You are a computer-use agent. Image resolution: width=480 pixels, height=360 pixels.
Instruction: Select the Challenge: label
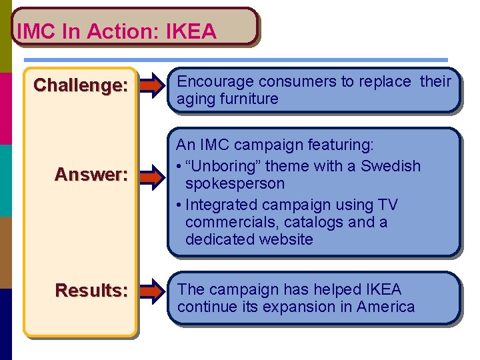click(x=81, y=85)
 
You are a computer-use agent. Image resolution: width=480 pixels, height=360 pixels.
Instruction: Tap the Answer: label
click(x=91, y=175)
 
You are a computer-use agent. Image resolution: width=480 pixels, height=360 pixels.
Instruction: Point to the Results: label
click(x=91, y=291)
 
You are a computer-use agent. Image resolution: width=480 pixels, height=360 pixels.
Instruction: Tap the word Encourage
click(x=215, y=82)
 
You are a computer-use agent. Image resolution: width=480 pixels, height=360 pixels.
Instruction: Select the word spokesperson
click(x=235, y=183)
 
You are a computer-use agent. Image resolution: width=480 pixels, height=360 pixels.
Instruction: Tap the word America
click(x=385, y=307)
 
